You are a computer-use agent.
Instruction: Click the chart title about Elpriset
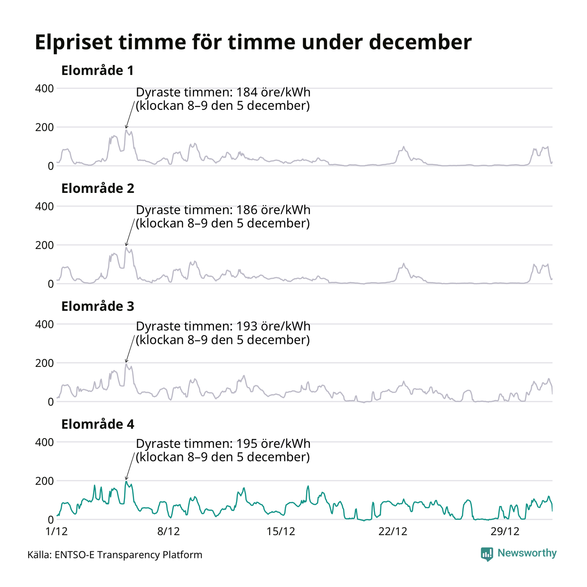pyautogui.click(x=253, y=42)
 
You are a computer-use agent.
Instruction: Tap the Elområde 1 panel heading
pyautogui.click(x=97, y=70)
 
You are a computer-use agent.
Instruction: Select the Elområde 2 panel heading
pyautogui.click(x=98, y=189)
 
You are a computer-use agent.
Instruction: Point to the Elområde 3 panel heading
pyautogui.click(x=98, y=306)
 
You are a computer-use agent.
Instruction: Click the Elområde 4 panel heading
pyautogui.click(x=98, y=424)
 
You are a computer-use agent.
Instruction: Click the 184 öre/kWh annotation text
pyautogui.click(x=223, y=99)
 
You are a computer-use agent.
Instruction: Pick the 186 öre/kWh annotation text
pyautogui.click(x=223, y=216)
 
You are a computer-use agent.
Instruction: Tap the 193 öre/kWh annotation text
pyautogui.click(x=223, y=333)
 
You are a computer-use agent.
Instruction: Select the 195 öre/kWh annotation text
pyautogui.click(x=223, y=450)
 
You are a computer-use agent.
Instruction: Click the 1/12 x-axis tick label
pyautogui.click(x=56, y=532)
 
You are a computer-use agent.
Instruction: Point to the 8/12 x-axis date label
pyautogui.click(x=168, y=532)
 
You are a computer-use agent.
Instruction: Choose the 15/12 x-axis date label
pyautogui.click(x=281, y=532)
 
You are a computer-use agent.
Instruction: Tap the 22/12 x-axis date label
pyautogui.click(x=393, y=532)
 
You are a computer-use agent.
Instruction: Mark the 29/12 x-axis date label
pyautogui.click(x=505, y=532)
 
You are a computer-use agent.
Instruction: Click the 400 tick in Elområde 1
pyautogui.click(x=44, y=88)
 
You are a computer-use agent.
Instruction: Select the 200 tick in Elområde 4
pyautogui.click(x=44, y=481)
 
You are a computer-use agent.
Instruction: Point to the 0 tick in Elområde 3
pyautogui.click(x=51, y=402)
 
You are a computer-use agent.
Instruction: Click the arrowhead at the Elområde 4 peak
pyautogui.click(x=126, y=478)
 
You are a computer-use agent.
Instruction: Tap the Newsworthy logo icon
pyautogui.click(x=487, y=554)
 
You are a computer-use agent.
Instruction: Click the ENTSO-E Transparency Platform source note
pyautogui.click(x=115, y=555)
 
